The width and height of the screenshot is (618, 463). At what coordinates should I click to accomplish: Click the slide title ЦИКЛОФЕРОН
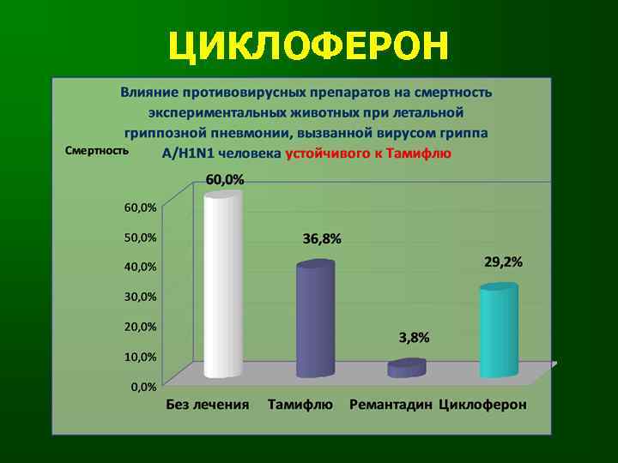pyautogui.click(x=308, y=46)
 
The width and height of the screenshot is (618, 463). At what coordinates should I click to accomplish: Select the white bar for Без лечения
pyautogui.click(x=222, y=285)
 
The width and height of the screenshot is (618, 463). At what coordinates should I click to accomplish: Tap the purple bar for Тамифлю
pyautogui.click(x=315, y=319)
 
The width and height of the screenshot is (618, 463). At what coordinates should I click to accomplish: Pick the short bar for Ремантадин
pyautogui.click(x=406, y=368)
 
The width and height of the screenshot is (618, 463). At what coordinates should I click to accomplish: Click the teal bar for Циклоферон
pyautogui.click(x=499, y=330)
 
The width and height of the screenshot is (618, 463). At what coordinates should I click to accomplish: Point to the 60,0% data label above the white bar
pyautogui.click(x=224, y=179)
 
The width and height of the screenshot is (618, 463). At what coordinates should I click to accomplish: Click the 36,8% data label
pyautogui.click(x=321, y=239)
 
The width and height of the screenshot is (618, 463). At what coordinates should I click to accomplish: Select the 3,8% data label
pyautogui.click(x=414, y=337)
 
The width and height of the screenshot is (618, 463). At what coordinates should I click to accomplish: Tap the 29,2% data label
pyautogui.click(x=503, y=262)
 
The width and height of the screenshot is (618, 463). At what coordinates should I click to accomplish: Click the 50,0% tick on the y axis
pyautogui.click(x=137, y=237)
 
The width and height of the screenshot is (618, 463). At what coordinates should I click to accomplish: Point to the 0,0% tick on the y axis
pyautogui.click(x=143, y=387)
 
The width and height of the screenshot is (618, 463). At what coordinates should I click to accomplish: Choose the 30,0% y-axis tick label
pyautogui.click(x=137, y=297)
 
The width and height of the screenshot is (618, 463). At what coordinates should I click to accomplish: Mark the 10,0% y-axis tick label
pyautogui.click(x=137, y=357)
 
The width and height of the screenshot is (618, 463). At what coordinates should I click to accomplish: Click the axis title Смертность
pyautogui.click(x=97, y=149)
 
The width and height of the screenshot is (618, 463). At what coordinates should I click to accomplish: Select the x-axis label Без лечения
pyautogui.click(x=208, y=405)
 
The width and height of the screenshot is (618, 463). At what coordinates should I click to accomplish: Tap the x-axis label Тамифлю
pyautogui.click(x=300, y=405)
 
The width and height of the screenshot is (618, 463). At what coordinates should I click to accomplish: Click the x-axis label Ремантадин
pyautogui.click(x=391, y=405)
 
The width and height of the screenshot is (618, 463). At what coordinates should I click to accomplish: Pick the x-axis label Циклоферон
pyautogui.click(x=482, y=405)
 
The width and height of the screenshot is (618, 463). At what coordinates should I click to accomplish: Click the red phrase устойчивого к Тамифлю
pyautogui.click(x=367, y=153)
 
